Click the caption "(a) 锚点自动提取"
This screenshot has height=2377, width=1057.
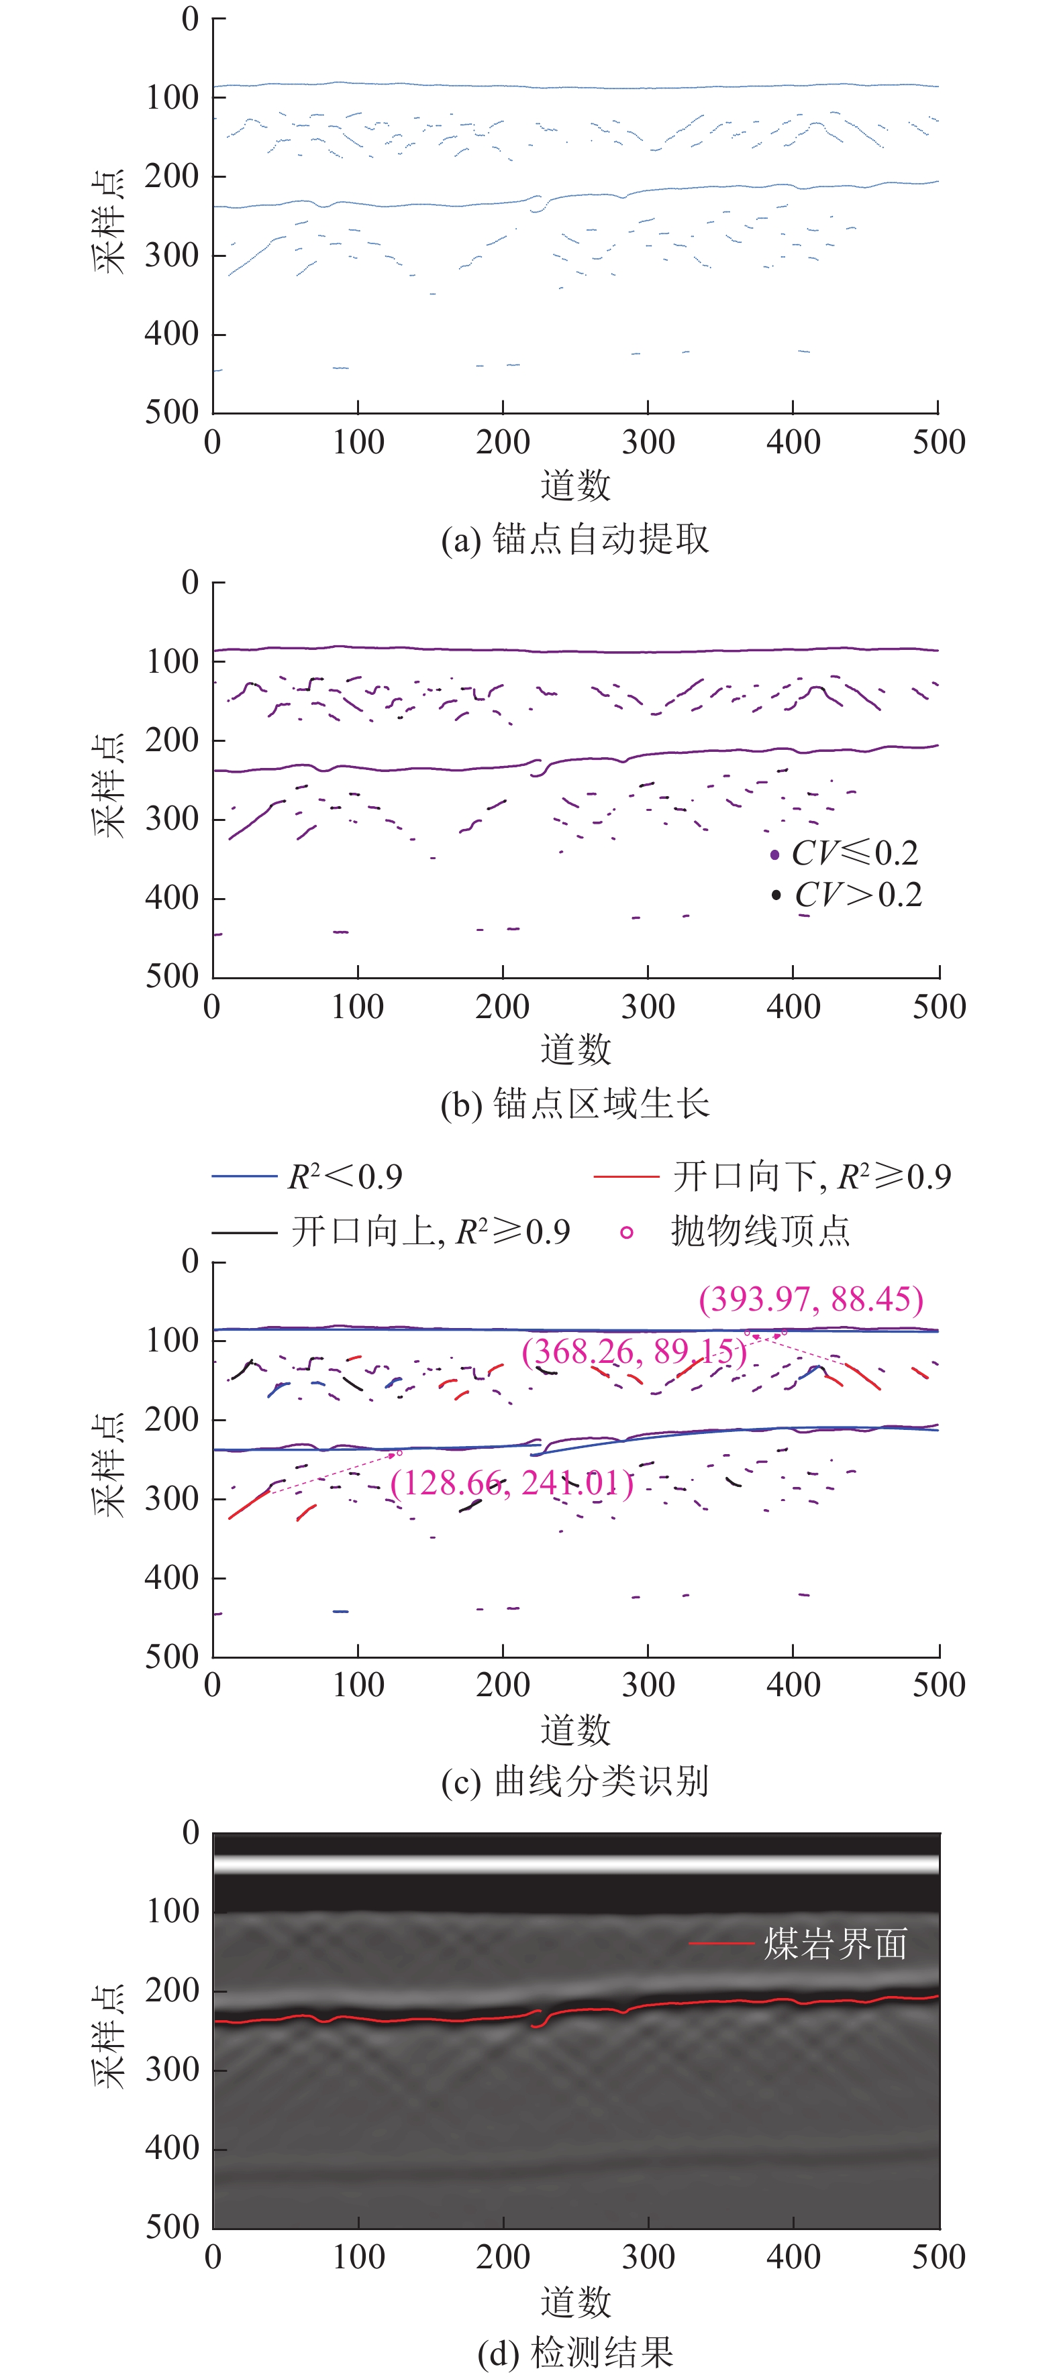[x=574, y=539]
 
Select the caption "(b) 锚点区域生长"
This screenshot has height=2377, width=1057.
[x=574, y=1103]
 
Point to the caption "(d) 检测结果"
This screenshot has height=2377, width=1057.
[x=574, y=2352]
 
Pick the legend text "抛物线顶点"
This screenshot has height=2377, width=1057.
[x=760, y=1231]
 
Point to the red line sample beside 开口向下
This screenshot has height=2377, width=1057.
[x=626, y=1176]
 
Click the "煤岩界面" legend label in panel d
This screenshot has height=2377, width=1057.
[x=836, y=1944]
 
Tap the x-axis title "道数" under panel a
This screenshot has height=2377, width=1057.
[x=575, y=484]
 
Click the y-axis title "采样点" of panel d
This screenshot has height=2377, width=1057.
[x=109, y=2038]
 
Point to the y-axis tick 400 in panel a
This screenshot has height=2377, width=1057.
[x=172, y=333]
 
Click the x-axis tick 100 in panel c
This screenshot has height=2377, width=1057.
[x=358, y=1685]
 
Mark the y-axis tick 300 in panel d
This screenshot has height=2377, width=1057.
[x=172, y=2070]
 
